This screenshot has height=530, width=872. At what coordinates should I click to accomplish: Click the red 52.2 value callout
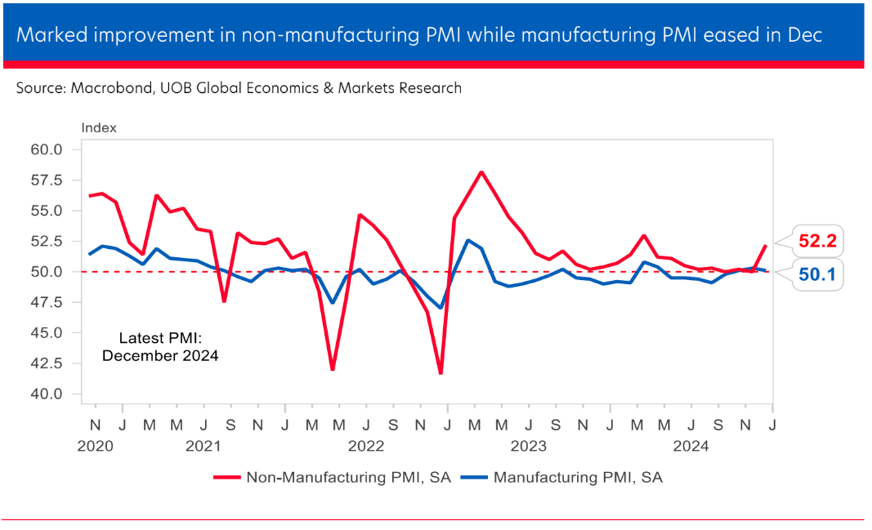(x=820, y=242)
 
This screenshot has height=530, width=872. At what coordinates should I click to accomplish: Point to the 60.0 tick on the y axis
(x=47, y=149)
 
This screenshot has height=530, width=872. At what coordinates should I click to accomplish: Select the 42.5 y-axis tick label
(x=47, y=363)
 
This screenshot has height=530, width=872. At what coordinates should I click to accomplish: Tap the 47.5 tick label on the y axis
(x=47, y=302)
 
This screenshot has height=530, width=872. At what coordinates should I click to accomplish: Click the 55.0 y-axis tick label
(x=47, y=211)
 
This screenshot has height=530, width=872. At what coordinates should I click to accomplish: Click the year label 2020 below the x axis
(x=96, y=447)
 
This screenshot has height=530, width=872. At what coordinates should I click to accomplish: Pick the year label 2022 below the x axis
(x=366, y=447)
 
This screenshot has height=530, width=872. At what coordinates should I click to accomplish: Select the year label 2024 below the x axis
(x=691, y=447)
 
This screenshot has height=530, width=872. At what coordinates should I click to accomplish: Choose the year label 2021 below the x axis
(x=203, y=447)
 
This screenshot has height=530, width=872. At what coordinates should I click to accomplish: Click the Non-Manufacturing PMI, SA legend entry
(x=330, y=478)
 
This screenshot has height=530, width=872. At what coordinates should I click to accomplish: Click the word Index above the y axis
(x=99, y=127)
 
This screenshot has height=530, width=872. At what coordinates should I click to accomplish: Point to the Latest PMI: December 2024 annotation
(x=160, y=346)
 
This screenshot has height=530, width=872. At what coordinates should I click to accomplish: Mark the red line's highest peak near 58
(x=481, y=171)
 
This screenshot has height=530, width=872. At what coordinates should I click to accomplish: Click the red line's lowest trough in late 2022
(x=441, y=373)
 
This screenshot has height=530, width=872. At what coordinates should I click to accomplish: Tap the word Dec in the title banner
(x=804, y=35)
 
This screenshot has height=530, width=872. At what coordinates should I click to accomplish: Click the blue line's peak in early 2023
(x=467, y=240)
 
